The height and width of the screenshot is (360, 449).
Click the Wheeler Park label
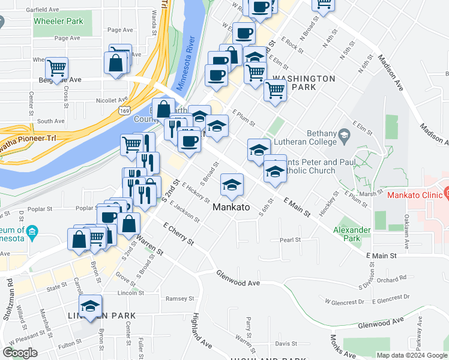(58, 21)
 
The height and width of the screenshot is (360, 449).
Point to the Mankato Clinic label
(414, 195)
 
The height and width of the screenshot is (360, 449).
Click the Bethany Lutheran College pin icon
(343, 134)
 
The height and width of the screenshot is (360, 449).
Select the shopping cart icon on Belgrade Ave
(57, 68)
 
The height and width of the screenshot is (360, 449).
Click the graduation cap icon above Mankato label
(232, 185)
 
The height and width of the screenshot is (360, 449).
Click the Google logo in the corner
(20, 352)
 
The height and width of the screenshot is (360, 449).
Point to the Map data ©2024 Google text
(412, 355)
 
